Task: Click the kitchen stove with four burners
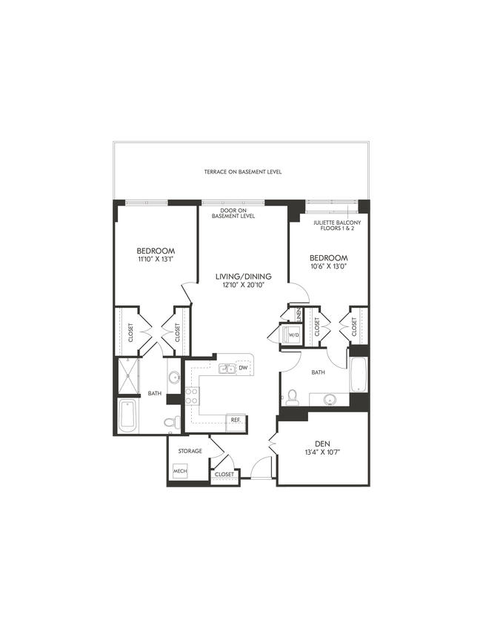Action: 193,395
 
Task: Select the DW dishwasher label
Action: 243,369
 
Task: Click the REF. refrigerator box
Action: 237,420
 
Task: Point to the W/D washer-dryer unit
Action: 293,335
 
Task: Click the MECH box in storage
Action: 179,471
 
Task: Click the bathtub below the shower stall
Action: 127,416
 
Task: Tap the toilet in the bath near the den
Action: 293,397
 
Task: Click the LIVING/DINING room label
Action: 238,277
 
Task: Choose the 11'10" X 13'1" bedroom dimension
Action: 156,260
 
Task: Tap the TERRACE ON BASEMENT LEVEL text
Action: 243,172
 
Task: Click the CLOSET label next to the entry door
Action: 224,474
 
